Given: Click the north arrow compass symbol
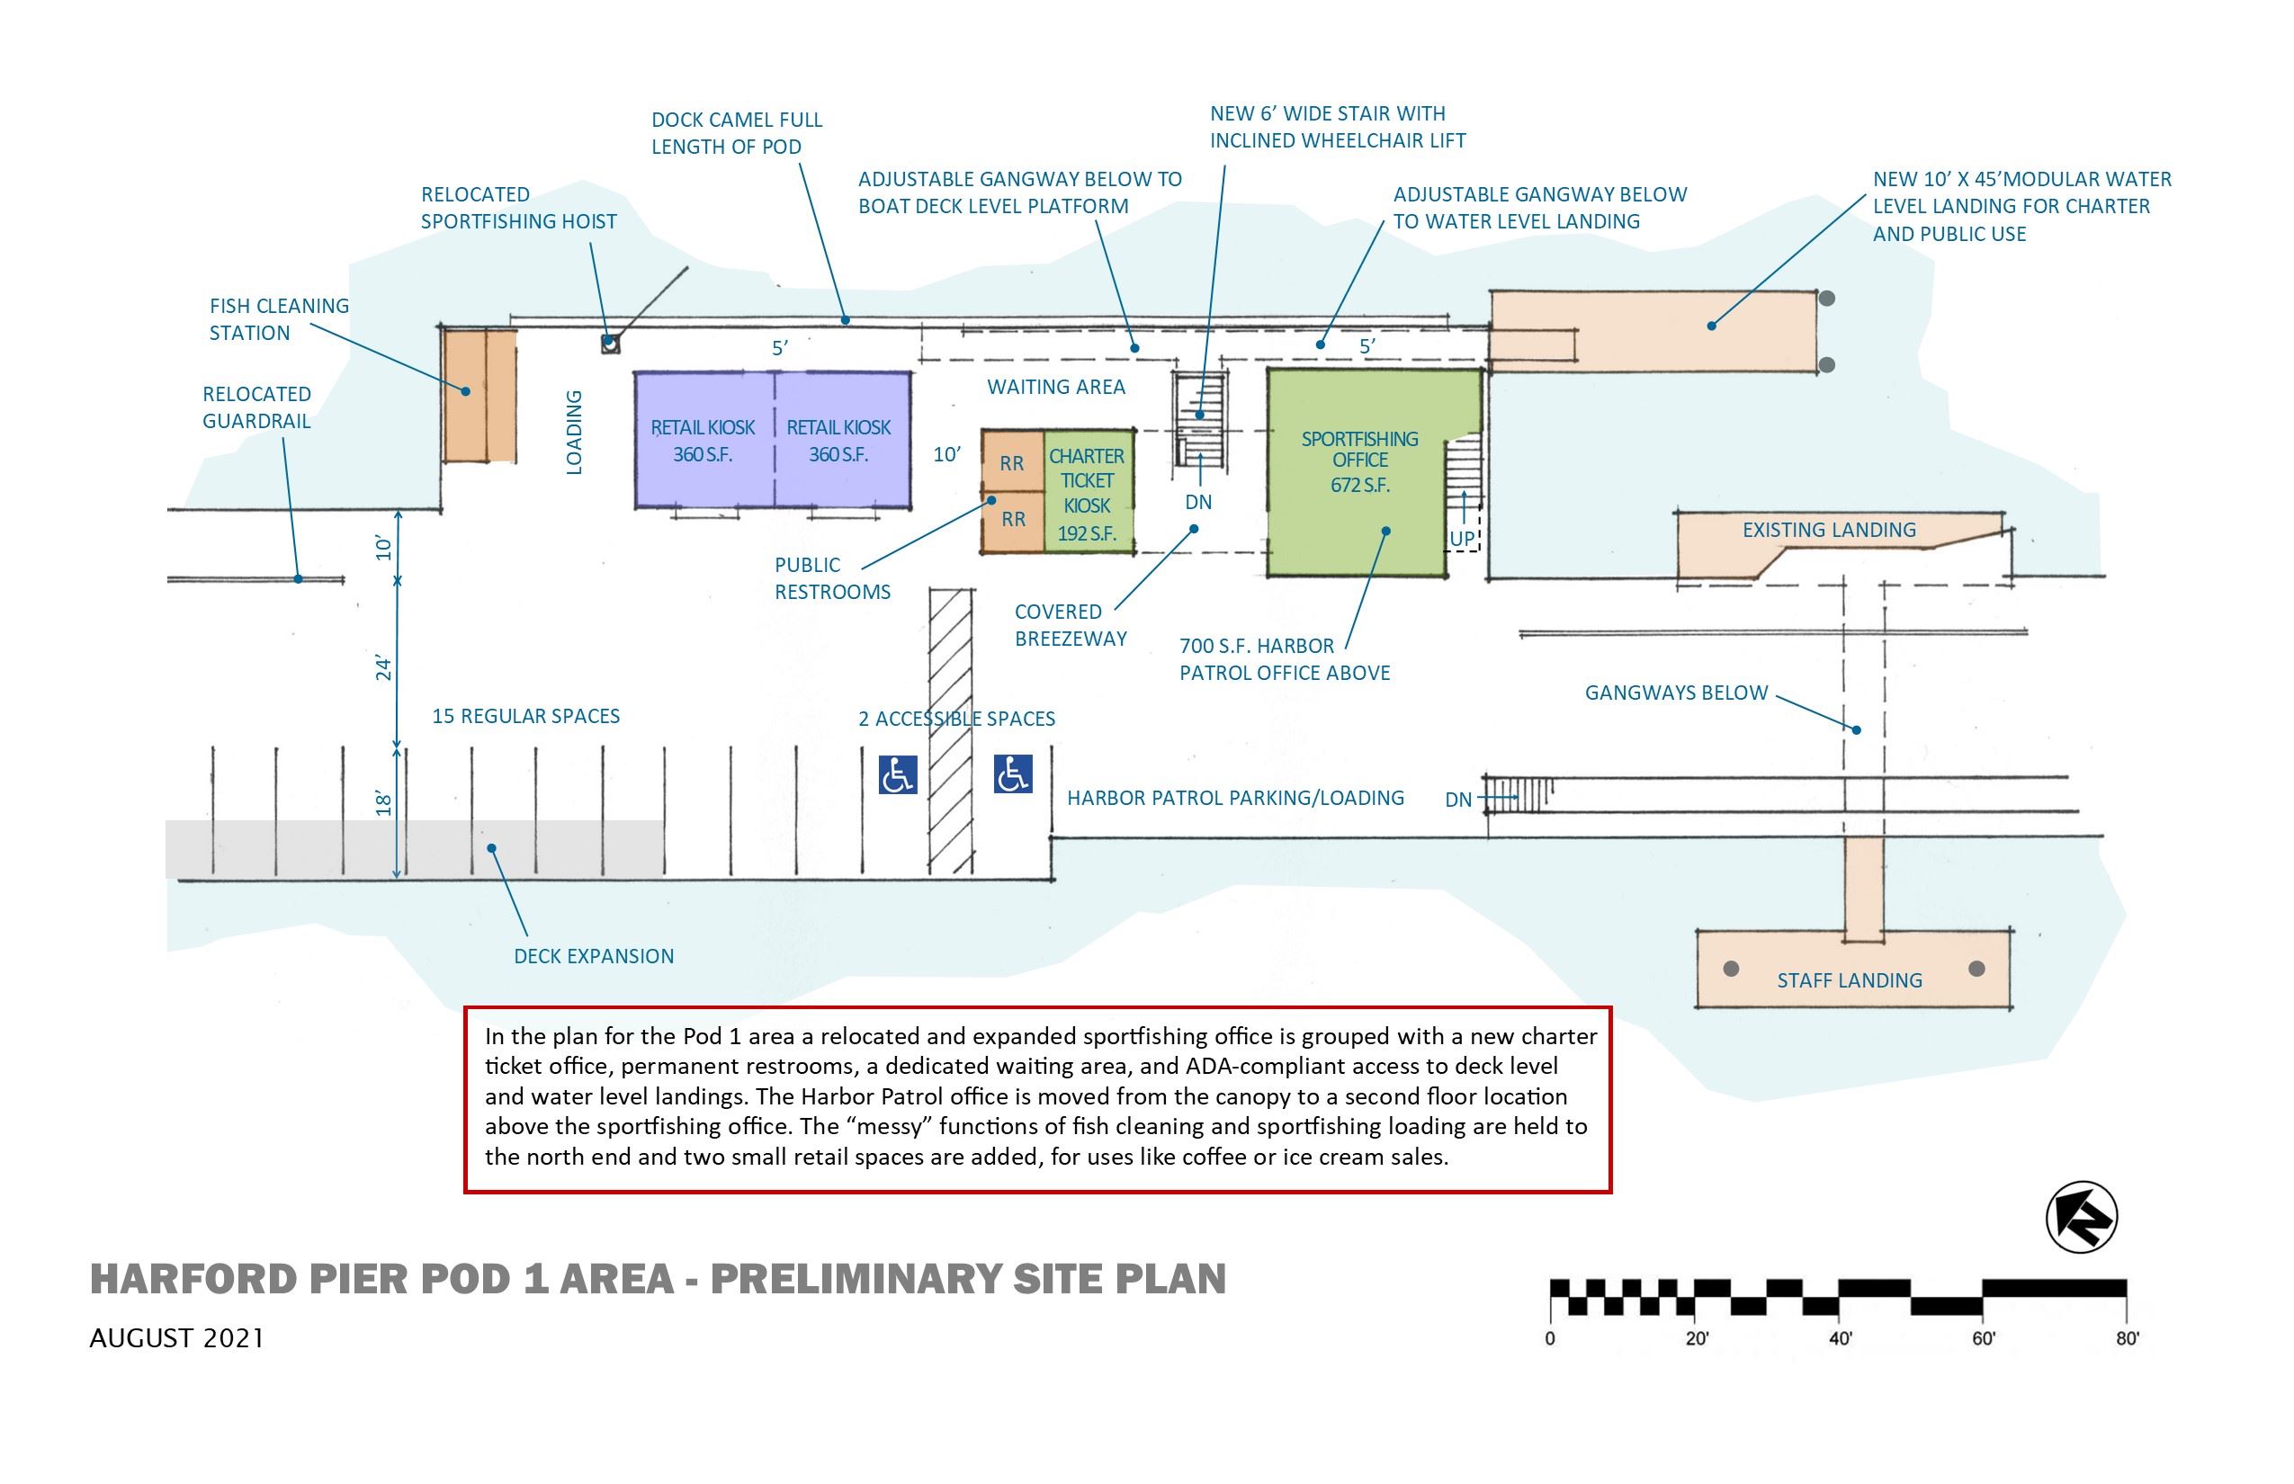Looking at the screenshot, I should point(2081,1217).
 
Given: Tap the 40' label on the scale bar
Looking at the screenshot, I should point(1840,1338).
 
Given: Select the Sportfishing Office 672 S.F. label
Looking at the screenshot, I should point(1360,461).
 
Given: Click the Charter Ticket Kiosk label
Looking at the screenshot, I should point(1087,494).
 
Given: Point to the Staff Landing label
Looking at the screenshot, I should point(1849,980).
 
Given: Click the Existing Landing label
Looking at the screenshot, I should point(1828,530).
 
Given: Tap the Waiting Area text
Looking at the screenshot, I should point(1055,388).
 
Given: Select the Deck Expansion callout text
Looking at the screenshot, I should point(594,956).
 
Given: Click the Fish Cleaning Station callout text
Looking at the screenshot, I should point(279,319).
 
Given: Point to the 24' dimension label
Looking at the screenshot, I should point(383,667).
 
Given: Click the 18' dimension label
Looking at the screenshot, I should point(383,802).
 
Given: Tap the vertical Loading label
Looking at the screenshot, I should point(575,432).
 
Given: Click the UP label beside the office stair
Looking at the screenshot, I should point(1461,539).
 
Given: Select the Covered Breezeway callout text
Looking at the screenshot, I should point(1070,624).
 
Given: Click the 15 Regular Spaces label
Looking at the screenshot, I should point(525,716).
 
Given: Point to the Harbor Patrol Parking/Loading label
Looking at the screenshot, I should point(1234,798).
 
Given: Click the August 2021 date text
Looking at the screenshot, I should point(176,1338).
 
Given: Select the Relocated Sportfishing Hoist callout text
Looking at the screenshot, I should point(518,207).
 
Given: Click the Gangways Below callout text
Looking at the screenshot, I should point(1676,693).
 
